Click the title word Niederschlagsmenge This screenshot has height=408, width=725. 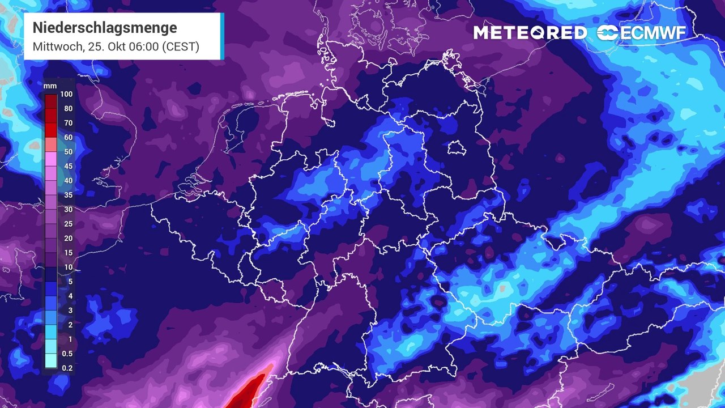click(105, 28)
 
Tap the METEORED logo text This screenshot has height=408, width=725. click(530, 33)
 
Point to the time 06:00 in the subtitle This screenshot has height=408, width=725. click(144, 46)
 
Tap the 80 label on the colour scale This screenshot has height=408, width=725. click(69, 109)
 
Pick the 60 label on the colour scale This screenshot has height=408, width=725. click(69, 137)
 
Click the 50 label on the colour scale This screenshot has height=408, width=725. click(69, 152)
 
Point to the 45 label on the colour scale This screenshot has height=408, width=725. click(69, 166)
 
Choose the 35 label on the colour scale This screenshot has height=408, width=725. click(69, 195)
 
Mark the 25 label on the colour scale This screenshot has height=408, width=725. click(69, 224)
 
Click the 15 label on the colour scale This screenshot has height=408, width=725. click(69, 253)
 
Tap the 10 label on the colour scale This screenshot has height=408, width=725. click(69, 267)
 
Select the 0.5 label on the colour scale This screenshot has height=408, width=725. click(68, 354)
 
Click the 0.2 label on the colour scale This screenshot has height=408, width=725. click(68, 368)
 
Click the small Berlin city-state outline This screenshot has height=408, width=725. click(457, 148)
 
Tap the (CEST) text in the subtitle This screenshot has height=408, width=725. click(181, 46)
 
